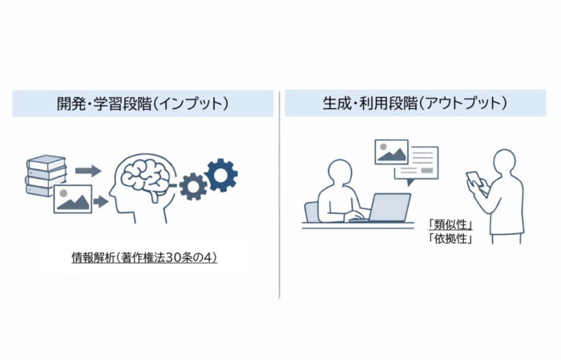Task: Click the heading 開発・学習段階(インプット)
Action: coord(143,104)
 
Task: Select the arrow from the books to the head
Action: coord(87,170)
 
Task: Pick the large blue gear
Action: coord(220,174)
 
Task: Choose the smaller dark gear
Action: coord(193,187)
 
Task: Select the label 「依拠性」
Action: coord(450,238)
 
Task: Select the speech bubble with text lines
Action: coord(419,164)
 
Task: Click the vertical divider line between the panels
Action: coord(280,192)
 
